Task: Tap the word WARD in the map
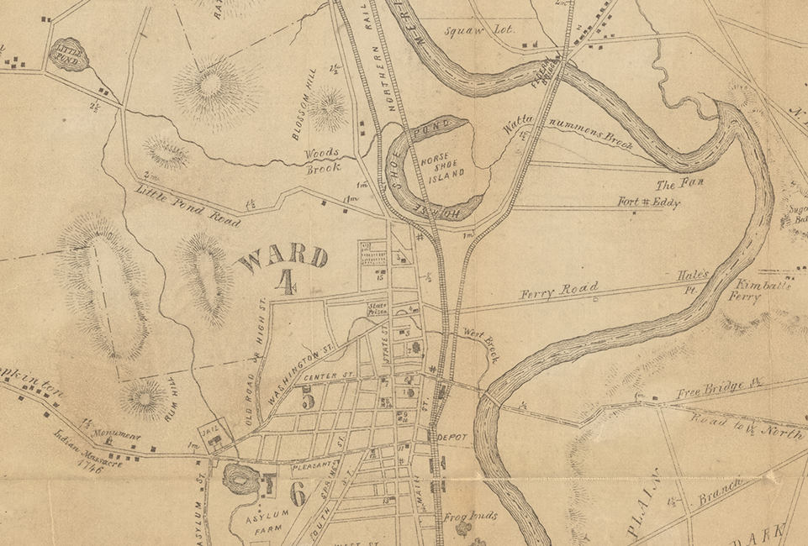click(x=283, y=256)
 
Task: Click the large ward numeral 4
click(x=285, y=283)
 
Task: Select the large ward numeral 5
click(x=309, y=400)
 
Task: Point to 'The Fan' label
click(x=672, y=184)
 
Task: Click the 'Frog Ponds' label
click(x=472, y=516)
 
